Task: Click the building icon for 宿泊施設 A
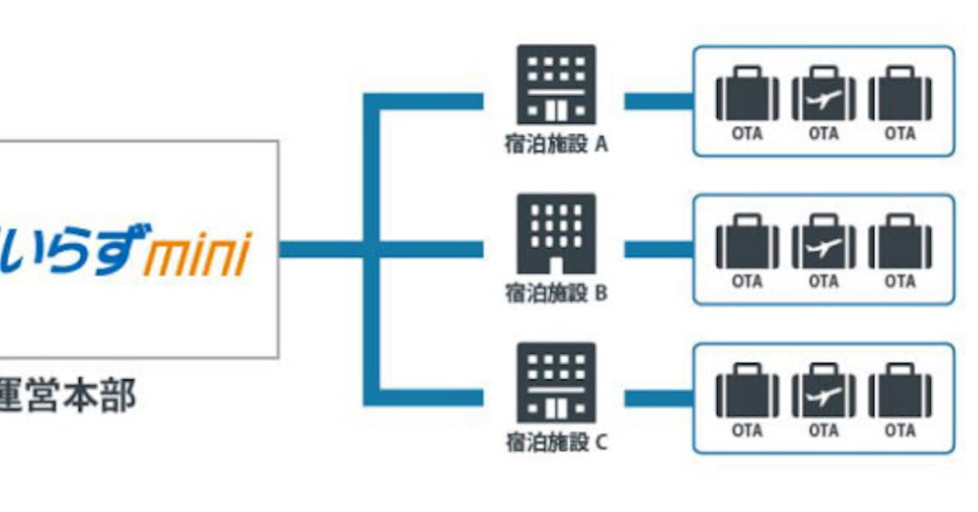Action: click(x=557, y=85)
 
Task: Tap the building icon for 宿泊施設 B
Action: click(x=557, y=234)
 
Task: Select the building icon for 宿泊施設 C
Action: click(x=557, y=382)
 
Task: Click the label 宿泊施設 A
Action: click(x=557, y=145)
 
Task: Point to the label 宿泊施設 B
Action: click(x=557, y=294)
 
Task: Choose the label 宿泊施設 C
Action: click(x=557, y=444)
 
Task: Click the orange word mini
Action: click(x=196, y=254)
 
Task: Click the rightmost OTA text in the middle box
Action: click(x=900, y=282)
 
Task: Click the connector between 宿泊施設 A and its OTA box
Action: click(x=659, y=101)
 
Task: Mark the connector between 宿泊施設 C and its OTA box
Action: click(x=659, y=398)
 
